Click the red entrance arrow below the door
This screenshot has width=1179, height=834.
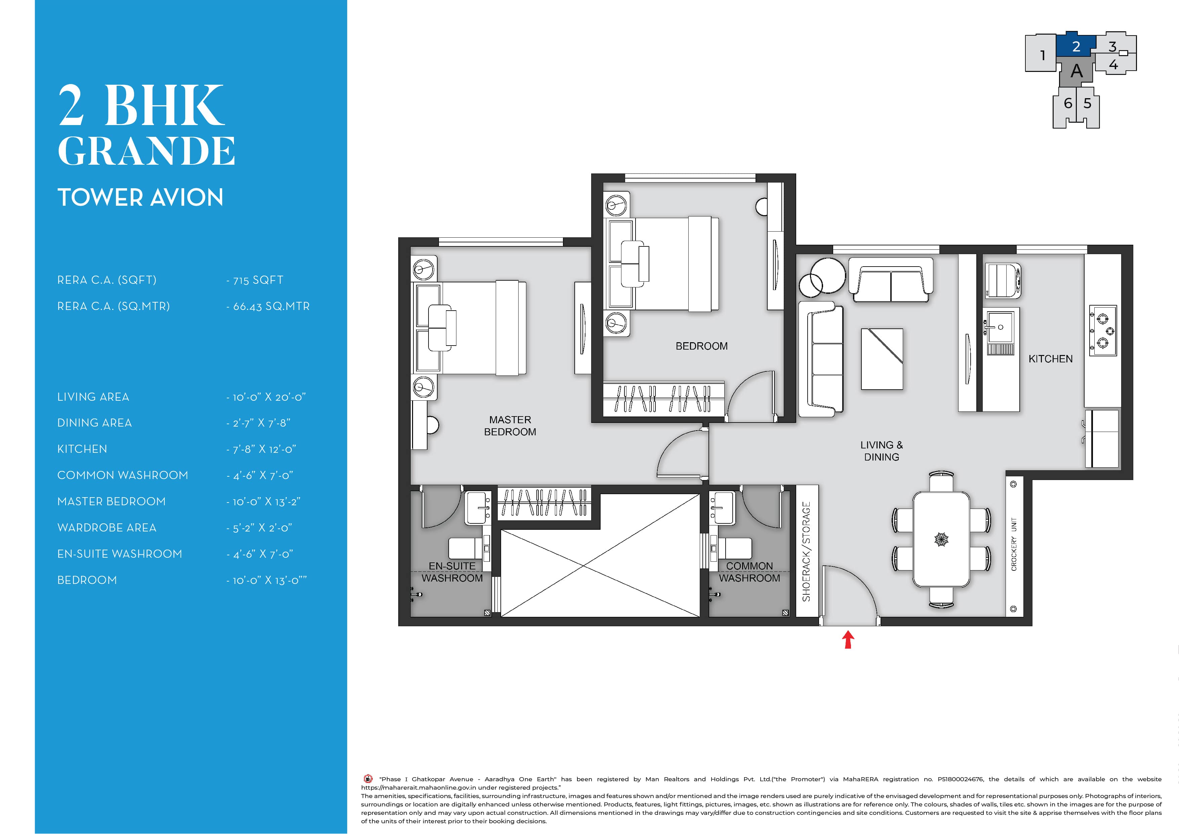coord(848,639)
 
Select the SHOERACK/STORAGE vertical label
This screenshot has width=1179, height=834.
coord(806,552)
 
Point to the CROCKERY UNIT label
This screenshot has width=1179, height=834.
coord(1014,544)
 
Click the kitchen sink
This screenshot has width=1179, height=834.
coord(999,326)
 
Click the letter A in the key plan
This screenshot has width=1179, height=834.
coord(1076,71)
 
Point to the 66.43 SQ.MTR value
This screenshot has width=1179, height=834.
coord(271,307)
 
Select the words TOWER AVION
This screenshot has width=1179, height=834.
coord(140,197)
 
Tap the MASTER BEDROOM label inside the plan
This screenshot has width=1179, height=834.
coord(510,426)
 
